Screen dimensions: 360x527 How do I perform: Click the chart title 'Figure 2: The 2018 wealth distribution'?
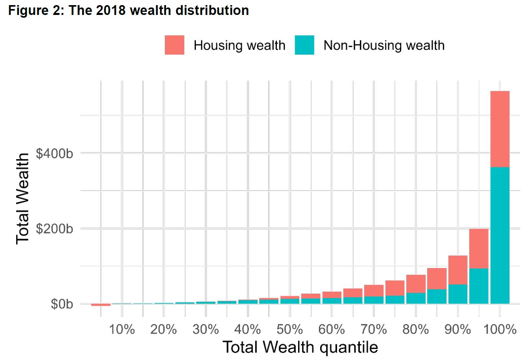[129, 10]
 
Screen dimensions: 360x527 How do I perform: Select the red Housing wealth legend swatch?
[174, 45]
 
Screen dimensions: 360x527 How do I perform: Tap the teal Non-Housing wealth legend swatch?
[304, 45]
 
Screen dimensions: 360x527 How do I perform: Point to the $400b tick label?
[55, 153]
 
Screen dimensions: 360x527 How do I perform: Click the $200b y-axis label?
[55, 229]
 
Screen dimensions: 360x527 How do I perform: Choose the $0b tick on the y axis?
[61, 305]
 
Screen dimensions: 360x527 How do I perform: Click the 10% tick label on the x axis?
[122, 329]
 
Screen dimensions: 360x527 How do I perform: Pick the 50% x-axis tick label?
[289, 329]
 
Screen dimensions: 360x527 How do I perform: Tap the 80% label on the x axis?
[415, 329]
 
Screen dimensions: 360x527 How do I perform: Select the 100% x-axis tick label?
[499, 329]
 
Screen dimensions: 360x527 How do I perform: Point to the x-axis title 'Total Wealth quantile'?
[300, 347]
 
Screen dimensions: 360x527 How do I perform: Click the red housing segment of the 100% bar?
[500, 129]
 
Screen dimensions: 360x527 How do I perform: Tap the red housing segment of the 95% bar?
[479, 248]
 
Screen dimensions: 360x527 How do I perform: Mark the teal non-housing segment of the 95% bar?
[479, 286]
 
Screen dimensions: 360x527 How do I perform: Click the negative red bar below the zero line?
[101, 305]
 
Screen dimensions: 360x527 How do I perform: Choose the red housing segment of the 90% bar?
[458, 270]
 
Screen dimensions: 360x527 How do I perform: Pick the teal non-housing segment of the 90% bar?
[458, 294]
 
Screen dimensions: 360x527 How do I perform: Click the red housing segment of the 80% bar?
[416, 283]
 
